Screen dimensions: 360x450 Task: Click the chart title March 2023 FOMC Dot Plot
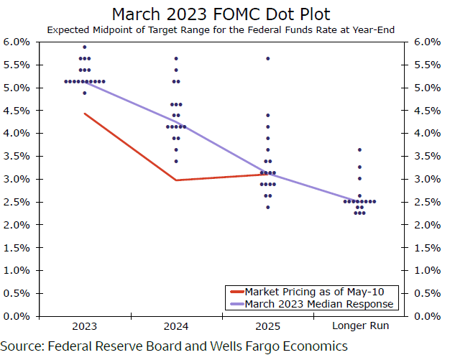point(224,14)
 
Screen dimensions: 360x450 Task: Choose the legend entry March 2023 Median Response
point(319,303)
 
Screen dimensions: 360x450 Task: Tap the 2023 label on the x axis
point(84,327)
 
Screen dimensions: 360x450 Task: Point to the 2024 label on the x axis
point(176,327)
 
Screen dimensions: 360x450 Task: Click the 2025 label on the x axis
point(267,327)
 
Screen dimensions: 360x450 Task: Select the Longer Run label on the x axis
point(359,327)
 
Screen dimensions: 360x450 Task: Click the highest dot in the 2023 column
point(84,47)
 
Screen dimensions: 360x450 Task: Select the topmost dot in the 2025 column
point(267,58)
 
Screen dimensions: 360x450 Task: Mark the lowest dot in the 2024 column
point(176,161)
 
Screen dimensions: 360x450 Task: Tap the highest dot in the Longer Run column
point(359,149)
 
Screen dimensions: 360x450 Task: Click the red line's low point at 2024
point(176,180)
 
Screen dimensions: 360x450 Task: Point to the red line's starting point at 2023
point(84,114)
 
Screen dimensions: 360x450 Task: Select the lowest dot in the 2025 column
point(267,207)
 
